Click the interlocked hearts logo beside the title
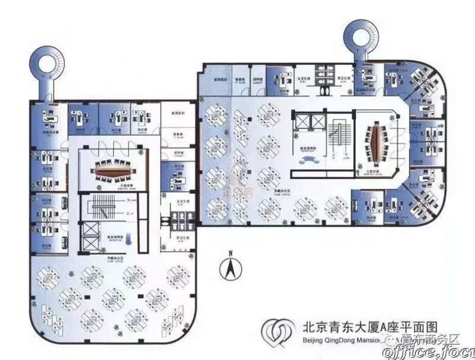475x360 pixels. (x=276, y=334)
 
